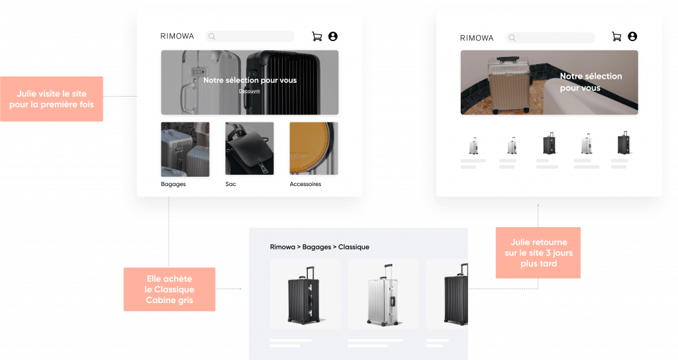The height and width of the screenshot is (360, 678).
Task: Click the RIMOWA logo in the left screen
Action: click(x=177, y=36)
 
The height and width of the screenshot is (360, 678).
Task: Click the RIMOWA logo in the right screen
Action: click(x=477, y=38)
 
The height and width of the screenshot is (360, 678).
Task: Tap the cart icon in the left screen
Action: click(x=317, y=37)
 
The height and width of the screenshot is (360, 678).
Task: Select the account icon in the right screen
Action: click(x=632, y=36)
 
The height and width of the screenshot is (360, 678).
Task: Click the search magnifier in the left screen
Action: click(x=212, y=37)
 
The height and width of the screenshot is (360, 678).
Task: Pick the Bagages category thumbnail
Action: click(x=185, y=150)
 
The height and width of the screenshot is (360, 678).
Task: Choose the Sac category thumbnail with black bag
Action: click(x=250, y=149)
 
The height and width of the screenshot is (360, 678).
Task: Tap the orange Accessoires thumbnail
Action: click(x=314, y=149)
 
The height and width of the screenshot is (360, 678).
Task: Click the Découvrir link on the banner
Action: click(x=250, y=91)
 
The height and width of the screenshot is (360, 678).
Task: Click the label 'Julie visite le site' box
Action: click(x=52, y=99)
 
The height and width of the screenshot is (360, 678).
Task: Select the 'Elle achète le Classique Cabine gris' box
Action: click(x=169, y=289)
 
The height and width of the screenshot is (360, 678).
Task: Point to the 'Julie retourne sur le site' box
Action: click(x=538, y=253)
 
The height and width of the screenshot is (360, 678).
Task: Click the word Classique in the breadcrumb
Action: click(x=354, y=247)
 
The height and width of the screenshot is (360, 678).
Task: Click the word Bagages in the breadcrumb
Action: click(x=317, y=247)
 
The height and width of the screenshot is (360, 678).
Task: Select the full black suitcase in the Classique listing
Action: click(x=305, y=295)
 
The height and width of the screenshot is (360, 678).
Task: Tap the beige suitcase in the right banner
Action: click(x=509, y=85)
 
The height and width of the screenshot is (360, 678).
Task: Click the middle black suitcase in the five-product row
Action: click(x=549, y=144)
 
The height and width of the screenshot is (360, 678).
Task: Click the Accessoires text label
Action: click(x=305, y=184)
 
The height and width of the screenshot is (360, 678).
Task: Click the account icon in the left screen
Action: click(x=333, y=36)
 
